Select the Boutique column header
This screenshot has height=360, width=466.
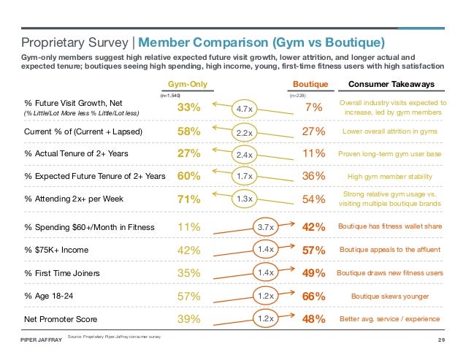tap(310, 83)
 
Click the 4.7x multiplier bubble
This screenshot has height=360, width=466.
tap(243, 109)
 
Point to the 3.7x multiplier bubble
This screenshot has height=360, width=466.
tap(266, 228)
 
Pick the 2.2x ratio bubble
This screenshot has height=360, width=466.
tap(243, 133)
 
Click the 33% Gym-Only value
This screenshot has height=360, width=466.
tap(190, 108)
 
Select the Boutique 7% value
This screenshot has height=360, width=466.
tap(313, 109)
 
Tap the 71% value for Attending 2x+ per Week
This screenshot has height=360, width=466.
tap(190, 198)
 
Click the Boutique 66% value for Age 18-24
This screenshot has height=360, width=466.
tap(313, 296)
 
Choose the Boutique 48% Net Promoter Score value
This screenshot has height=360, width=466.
tap(313, 319)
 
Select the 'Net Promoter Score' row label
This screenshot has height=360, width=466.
tap(59, 319)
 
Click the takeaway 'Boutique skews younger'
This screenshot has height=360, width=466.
tap(387, 296)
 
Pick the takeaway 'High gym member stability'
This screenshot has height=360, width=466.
tap(387, 176)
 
